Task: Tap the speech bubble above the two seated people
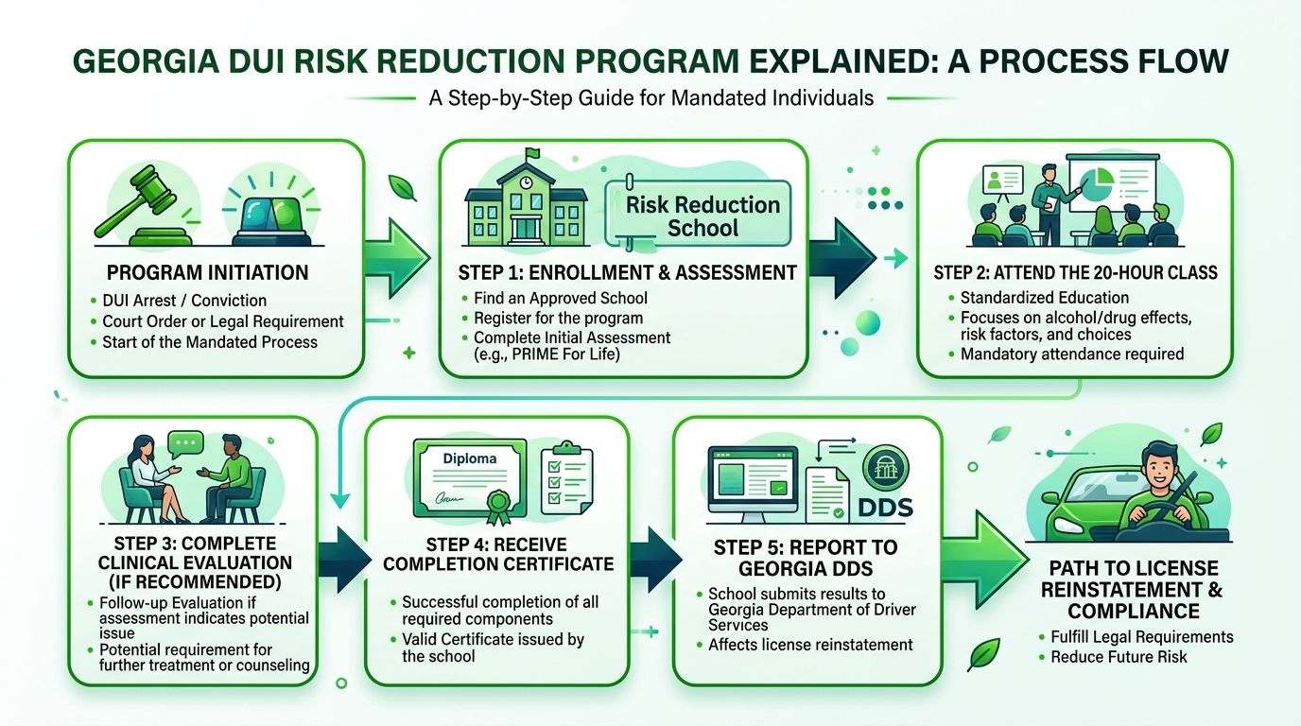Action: [185, 443]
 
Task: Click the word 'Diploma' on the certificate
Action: [469, 458]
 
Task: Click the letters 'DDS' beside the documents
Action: [885, 508]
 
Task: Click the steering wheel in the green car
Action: [1154, 514]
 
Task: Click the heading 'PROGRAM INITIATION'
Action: [207, 273]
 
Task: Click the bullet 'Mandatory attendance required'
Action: [1072, 354]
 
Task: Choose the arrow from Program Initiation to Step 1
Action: [397, 264]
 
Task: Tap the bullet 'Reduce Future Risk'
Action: [1119, 657]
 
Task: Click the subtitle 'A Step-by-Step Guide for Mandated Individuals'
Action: [650, 97]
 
